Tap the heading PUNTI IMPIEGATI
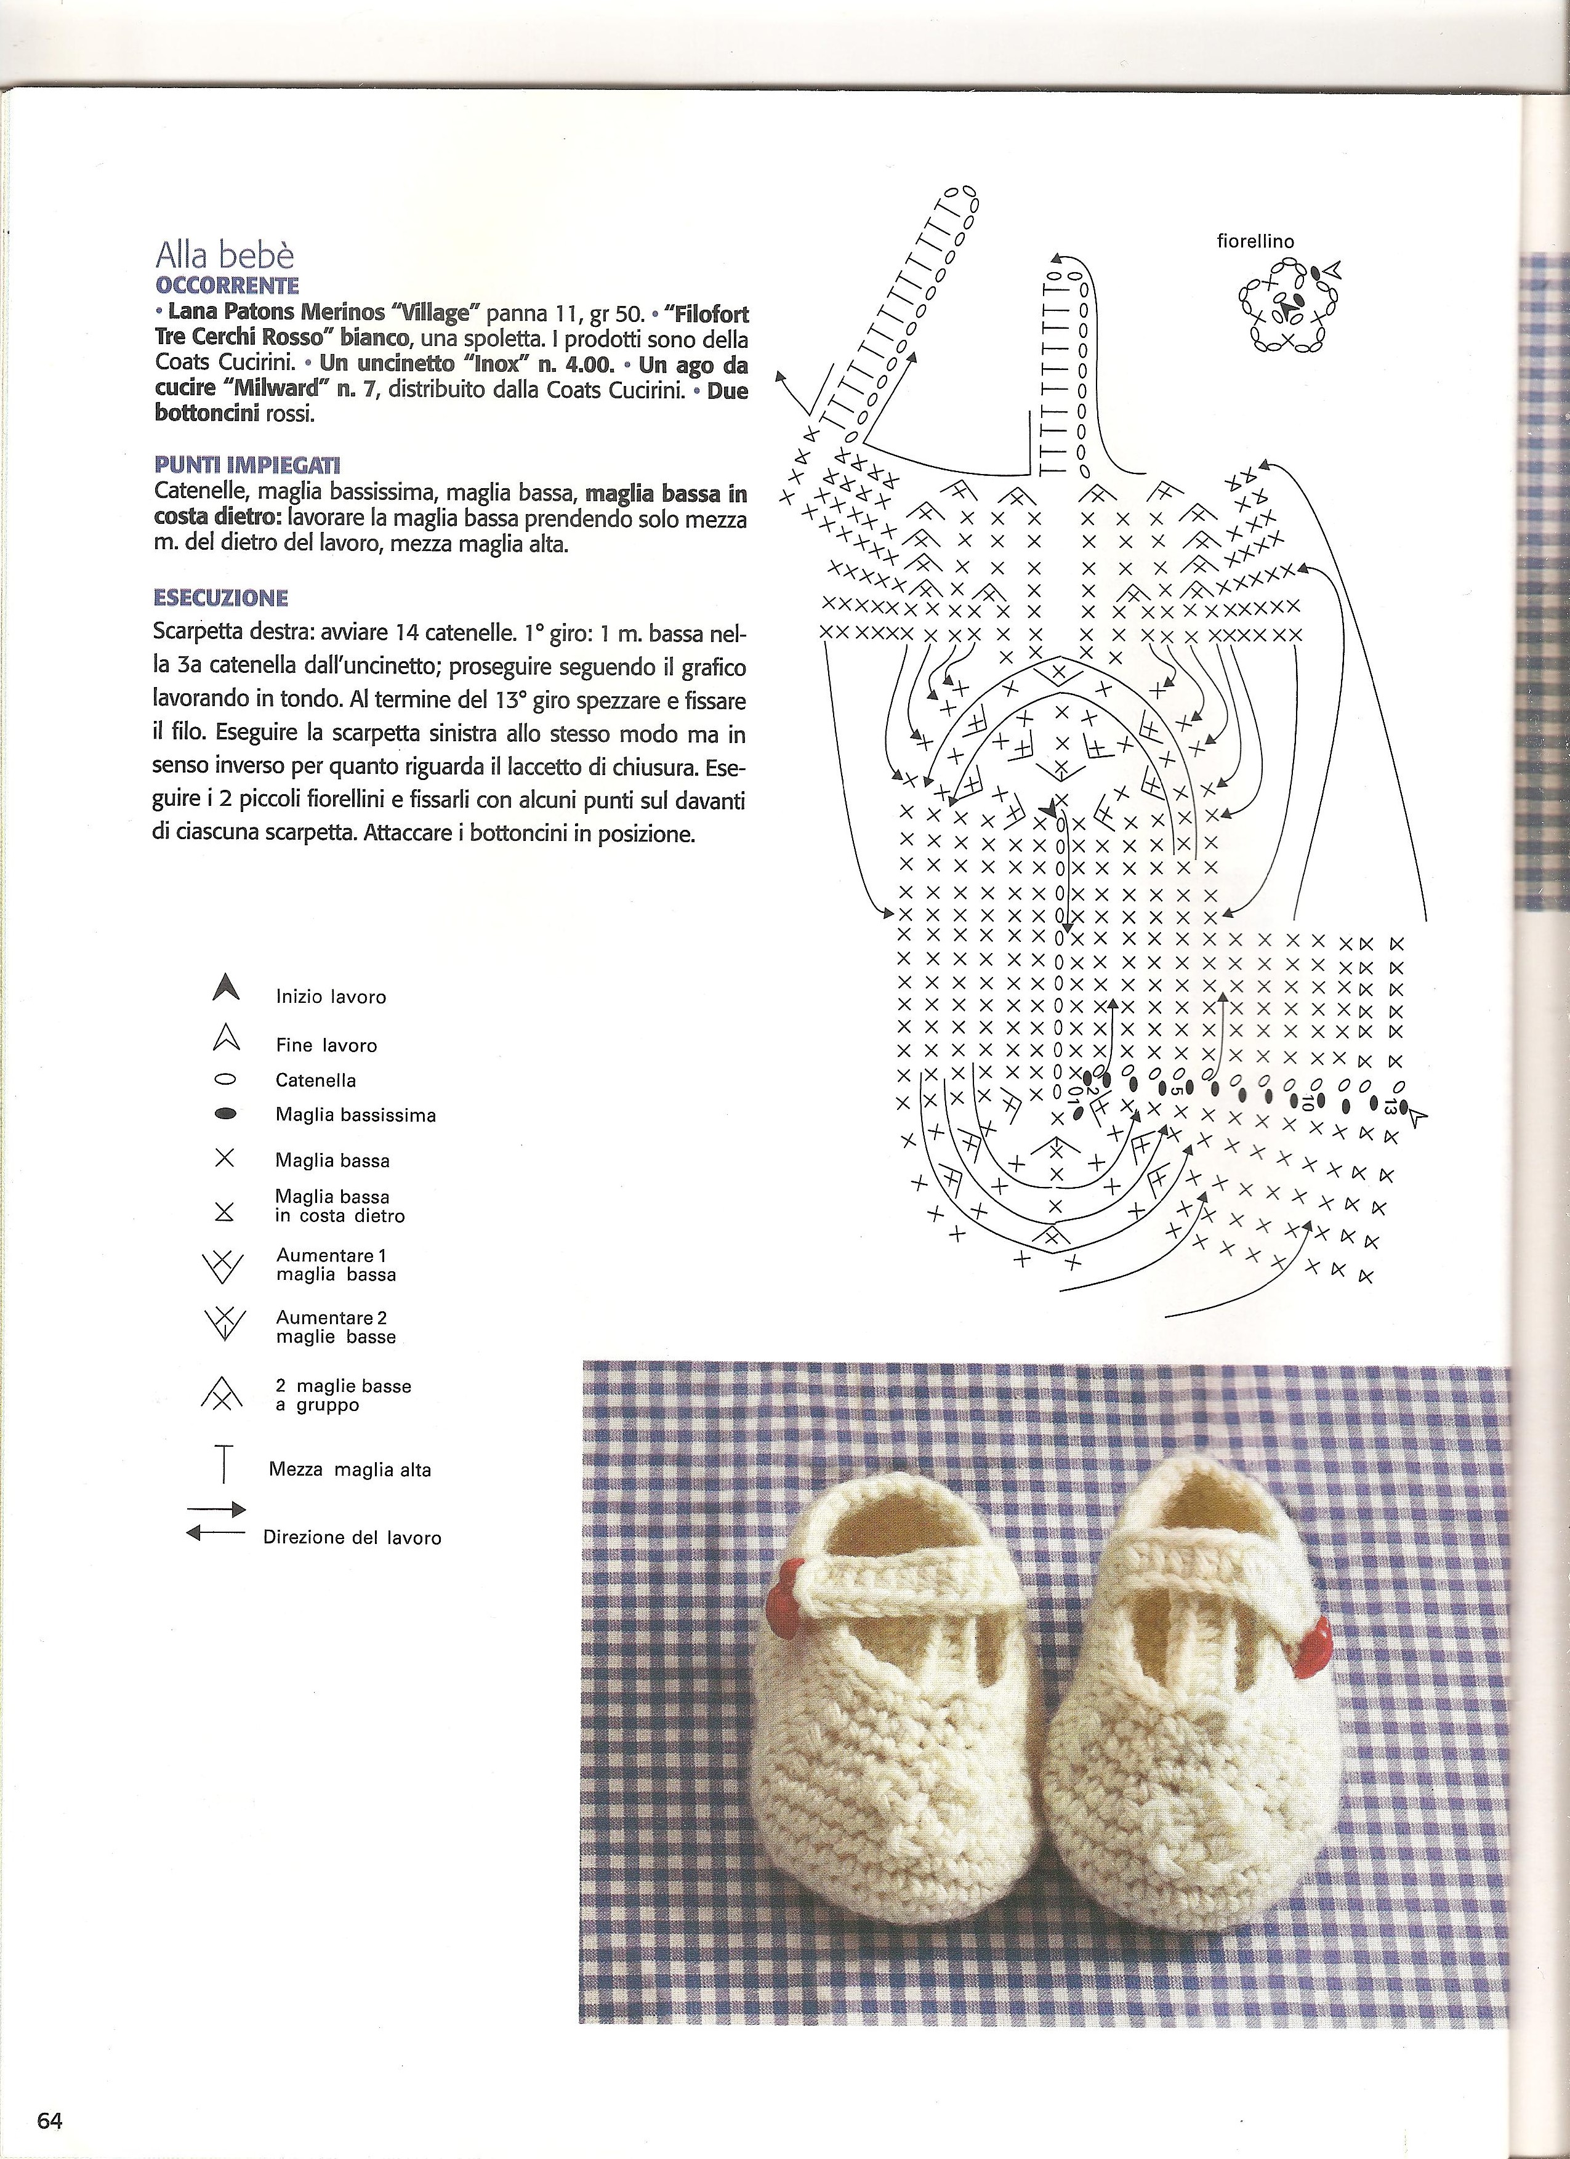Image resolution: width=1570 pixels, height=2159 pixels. (x=248, y=465)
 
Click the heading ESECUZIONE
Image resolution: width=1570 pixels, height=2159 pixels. (x=220, y=598)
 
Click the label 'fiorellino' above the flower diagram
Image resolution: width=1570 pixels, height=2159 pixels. (x=1255, y=242)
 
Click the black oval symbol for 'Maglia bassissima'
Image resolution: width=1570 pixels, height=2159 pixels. (x=225, y=1114)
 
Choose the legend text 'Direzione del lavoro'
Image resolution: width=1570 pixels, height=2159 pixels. (x=352, y=1537)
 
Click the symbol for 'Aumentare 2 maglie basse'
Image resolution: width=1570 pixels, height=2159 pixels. (x=223, y=1324)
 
